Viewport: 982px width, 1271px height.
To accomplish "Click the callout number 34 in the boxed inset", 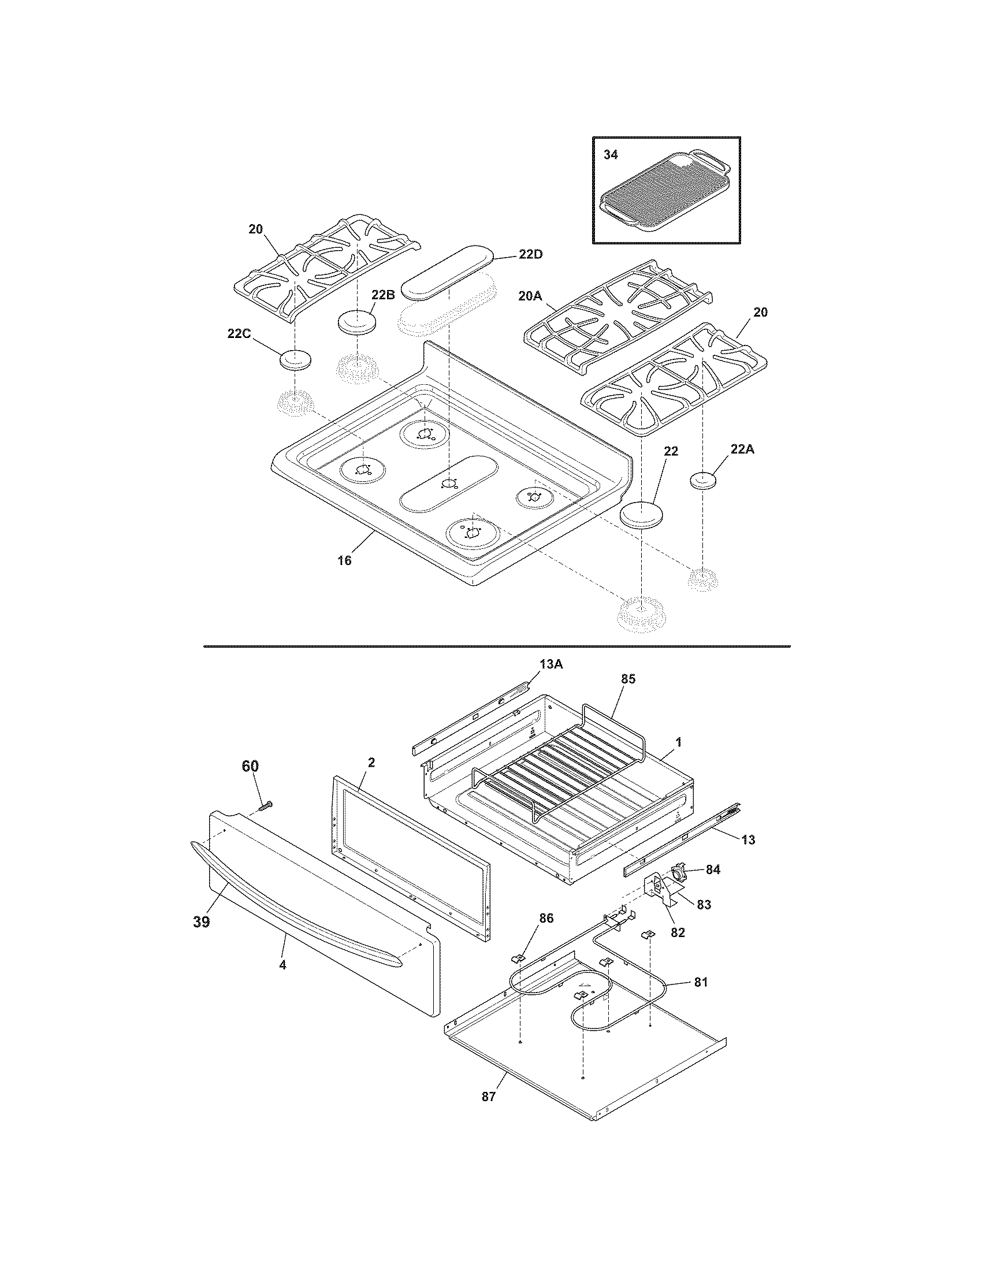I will click(x=611, y=155).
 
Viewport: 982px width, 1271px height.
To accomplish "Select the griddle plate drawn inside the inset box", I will click(x=663, y=195).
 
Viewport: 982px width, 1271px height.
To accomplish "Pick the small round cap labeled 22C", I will click(x=296, y=360).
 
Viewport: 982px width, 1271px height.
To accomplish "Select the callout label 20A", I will click(x=529, y=296).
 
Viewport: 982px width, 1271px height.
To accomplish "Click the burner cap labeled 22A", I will click(x=703, y=481).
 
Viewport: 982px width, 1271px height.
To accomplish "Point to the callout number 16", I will click(x=344, y=560).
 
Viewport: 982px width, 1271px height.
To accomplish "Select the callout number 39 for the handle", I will click(x=201, y=923).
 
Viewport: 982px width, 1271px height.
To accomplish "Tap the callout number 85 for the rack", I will click(x=628, y=679).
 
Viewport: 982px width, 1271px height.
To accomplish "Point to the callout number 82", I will click(x=678, y=932).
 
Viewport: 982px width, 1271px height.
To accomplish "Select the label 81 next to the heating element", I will click(x=701, y=982).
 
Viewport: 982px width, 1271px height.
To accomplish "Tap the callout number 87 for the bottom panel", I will click(x=488, y=1097).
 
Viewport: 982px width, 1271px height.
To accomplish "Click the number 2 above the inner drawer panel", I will click(x=371, y=763).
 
